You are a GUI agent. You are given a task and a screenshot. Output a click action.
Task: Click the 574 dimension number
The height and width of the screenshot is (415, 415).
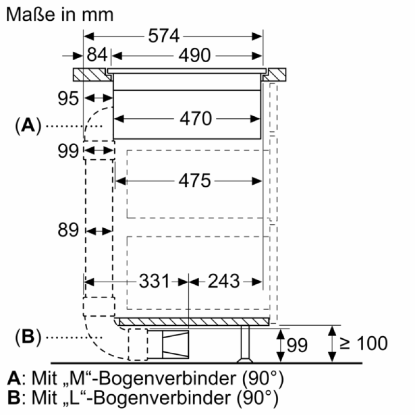click(x=164, y=36)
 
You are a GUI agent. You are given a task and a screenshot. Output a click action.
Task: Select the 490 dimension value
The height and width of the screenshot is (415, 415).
click(x=195, y=56)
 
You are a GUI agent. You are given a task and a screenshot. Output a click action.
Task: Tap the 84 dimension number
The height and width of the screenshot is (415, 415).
click(x=97, y=55)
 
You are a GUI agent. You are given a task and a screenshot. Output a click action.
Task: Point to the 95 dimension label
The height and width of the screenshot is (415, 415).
click(x=68, y=99)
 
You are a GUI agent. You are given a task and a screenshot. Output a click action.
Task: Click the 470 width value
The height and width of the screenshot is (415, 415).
click(x=196, y=118)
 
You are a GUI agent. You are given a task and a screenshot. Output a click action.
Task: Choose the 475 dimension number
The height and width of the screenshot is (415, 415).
click(x=195, y=181)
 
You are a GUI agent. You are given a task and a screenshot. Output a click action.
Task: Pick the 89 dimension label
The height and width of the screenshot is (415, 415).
click(x=68, y=230)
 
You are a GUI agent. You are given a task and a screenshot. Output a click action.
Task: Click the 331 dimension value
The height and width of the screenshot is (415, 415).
click(x=154, y=281)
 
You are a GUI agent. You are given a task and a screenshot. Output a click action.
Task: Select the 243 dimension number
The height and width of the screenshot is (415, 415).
click(x=224, y=281)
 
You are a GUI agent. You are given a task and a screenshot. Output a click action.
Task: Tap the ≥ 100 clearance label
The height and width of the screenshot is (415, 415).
click(x=364, y=343)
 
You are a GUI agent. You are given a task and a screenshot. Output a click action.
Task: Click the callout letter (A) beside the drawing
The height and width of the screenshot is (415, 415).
click(x=29, y=126)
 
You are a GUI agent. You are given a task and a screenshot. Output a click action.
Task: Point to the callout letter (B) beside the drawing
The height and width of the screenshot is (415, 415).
click(x=29, y=337)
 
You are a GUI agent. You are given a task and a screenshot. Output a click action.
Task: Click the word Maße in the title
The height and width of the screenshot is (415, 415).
click(x=31, y=15)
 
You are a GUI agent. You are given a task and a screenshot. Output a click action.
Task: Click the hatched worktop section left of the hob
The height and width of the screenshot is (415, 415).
click(x=92, y=75)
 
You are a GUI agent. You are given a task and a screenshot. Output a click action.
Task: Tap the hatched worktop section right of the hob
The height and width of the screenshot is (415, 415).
click(x=275, y=75)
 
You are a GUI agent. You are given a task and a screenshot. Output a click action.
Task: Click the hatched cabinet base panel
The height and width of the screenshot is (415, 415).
click(x=194, y=322)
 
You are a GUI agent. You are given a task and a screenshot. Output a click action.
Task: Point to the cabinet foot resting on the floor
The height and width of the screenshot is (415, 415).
click(x=245, y=343)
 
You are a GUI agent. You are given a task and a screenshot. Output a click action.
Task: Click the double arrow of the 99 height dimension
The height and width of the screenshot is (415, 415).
click(x=280, y=345)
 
